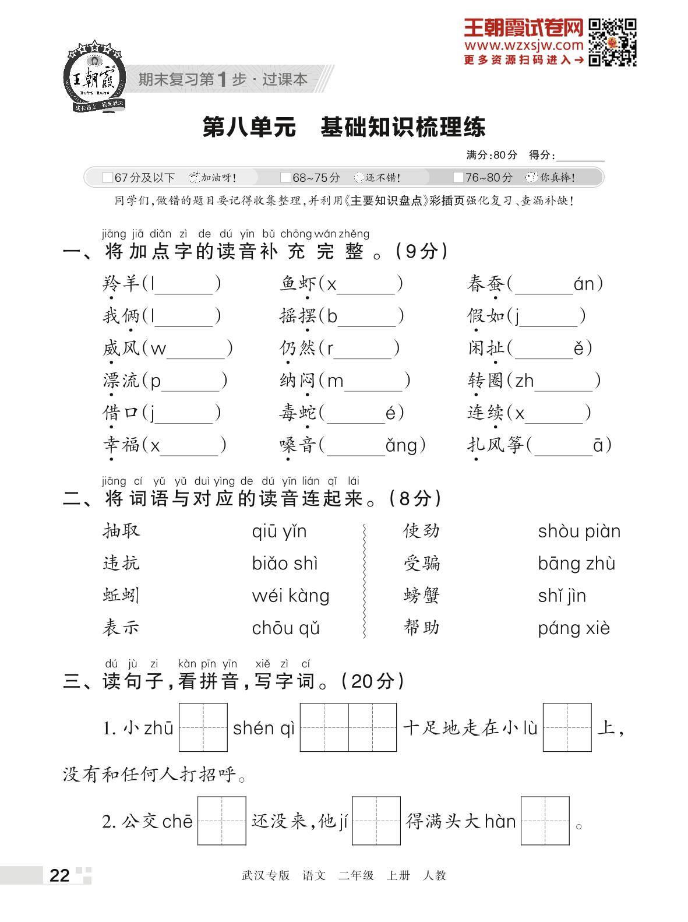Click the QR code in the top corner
coord(612,42)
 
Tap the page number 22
coord(59,875)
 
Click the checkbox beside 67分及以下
coord(107,178)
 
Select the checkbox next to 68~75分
coord(285,178)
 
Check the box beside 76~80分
coord(458,178)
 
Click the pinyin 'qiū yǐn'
coord(279,532)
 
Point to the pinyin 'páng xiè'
coord(574,628)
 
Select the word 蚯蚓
coord(121,596)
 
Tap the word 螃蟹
coord(421,596)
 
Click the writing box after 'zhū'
coord(203,727)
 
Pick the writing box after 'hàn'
coord(545,821)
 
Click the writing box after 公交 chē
coord(221,821)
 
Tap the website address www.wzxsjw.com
coord(524,45)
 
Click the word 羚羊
coord(121,284)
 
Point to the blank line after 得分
coord(580,156)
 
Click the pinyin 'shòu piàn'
coord(579,532)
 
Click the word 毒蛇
coord(298,413)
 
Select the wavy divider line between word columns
coord(365,580)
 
